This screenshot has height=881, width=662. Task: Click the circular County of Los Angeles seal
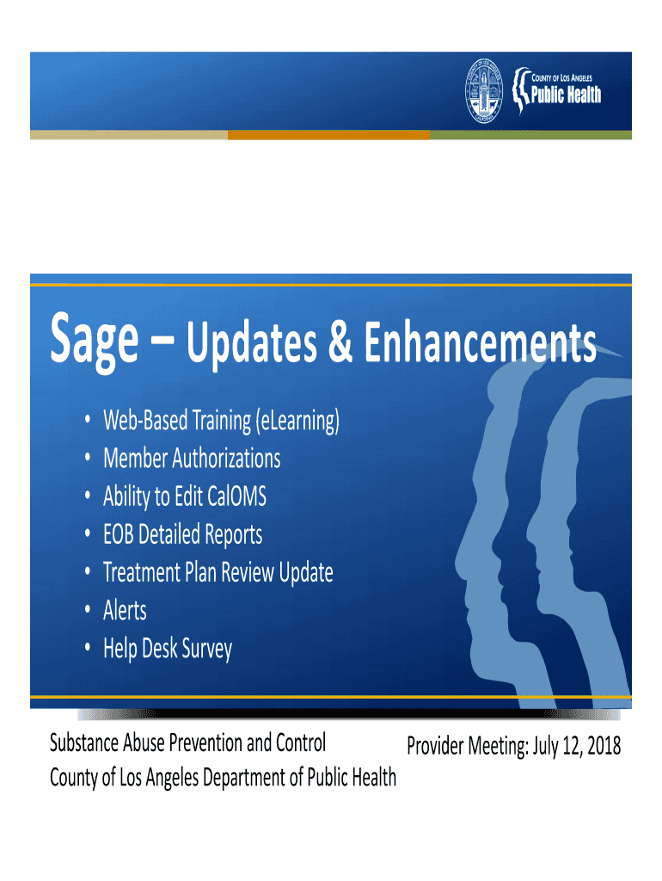point(484,90)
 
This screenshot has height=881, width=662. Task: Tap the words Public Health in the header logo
point(566,95)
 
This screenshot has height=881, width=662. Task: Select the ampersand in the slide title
point(340,341)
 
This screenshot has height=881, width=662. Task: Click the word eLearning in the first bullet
point(297,421)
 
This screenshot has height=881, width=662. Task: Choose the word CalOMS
point(236,496)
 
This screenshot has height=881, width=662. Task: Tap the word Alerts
point(125,610)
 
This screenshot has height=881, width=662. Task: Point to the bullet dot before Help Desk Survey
point(88,648)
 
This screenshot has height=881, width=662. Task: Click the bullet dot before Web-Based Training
point(88,420)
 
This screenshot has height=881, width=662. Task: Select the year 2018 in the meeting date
point(604,746)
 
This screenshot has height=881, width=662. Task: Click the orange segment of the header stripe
point(329,135)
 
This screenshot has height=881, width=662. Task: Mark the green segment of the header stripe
point(530,135)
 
